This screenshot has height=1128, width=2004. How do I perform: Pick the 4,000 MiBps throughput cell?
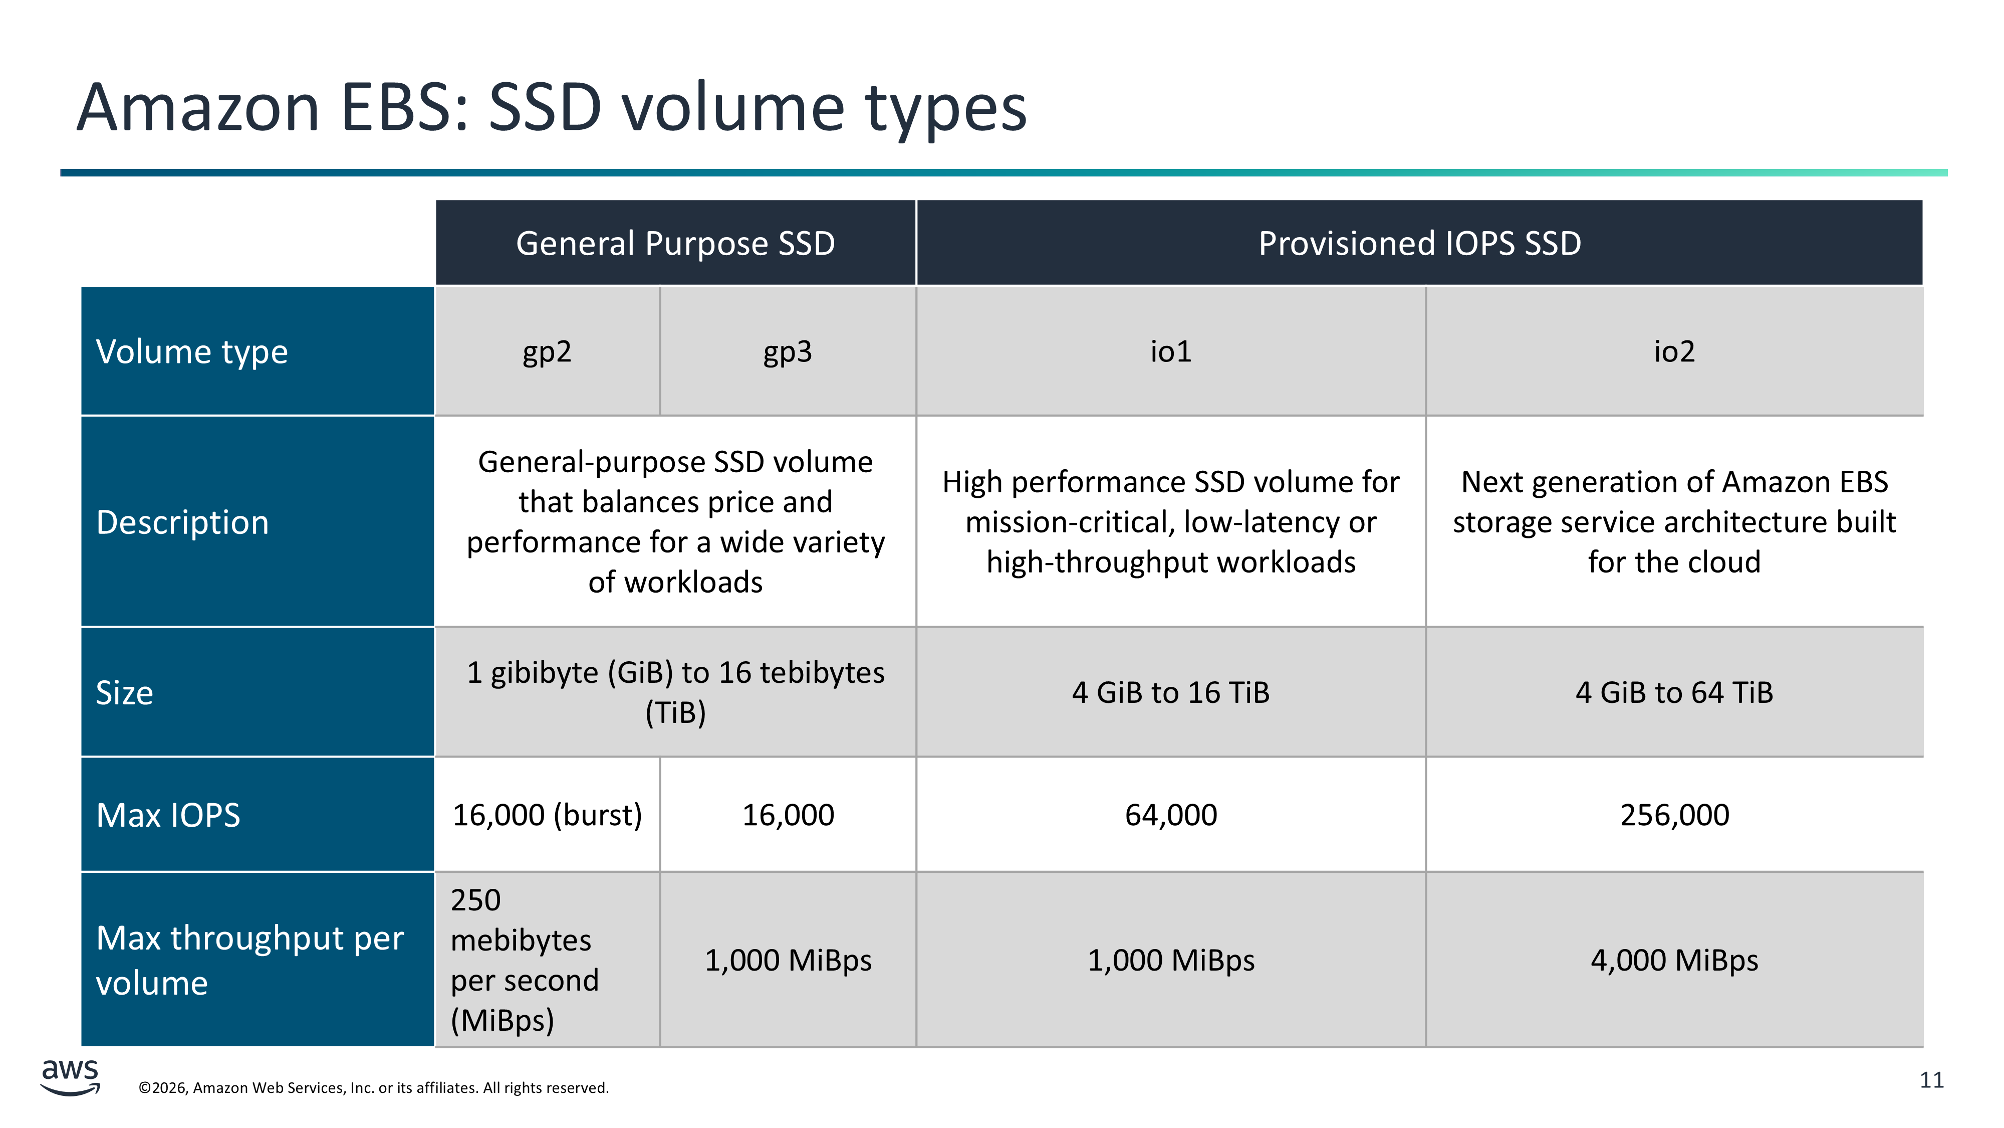(x=1674, y=961)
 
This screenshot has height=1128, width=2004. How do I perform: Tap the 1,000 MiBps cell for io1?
(x=1171, y=961)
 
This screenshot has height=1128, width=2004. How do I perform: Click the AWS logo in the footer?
(x=70, y=1077)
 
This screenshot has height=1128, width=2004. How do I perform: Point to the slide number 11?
(x=1932, y=1080)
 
